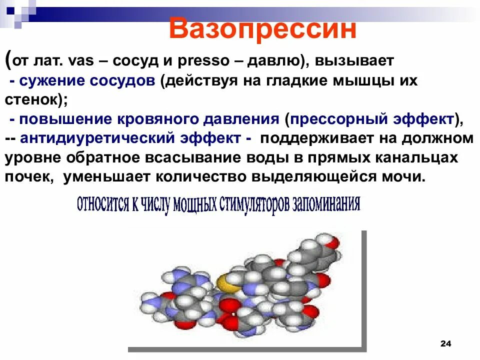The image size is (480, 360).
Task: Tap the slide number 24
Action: tap(445, 343)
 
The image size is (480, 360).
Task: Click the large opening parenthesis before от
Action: tap(9, 59)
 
